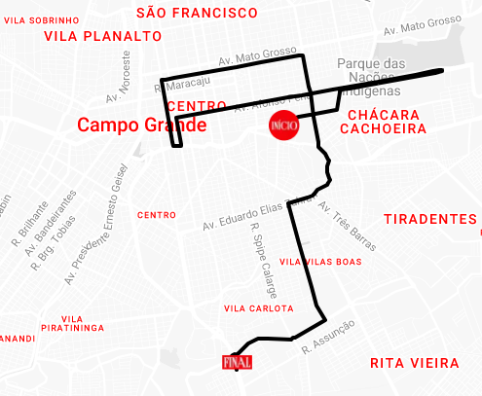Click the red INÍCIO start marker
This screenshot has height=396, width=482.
coord(282,126)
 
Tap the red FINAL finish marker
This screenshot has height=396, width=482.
coord(237,362)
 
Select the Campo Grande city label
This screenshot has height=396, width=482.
coord(141,126)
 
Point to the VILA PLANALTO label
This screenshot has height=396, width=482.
coord(103,36)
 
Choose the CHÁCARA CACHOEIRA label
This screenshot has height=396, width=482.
coord(385,122)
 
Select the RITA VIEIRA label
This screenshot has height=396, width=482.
coord(414,363)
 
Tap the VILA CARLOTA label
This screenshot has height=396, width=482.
coord(258,308)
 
